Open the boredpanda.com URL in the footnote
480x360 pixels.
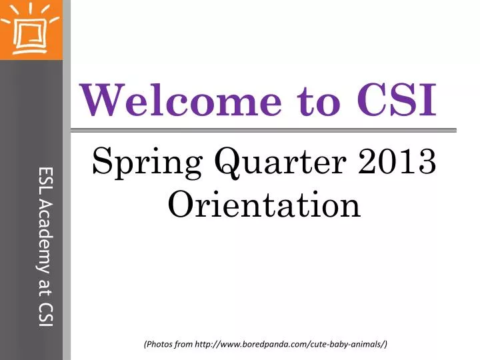(290, 344)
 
